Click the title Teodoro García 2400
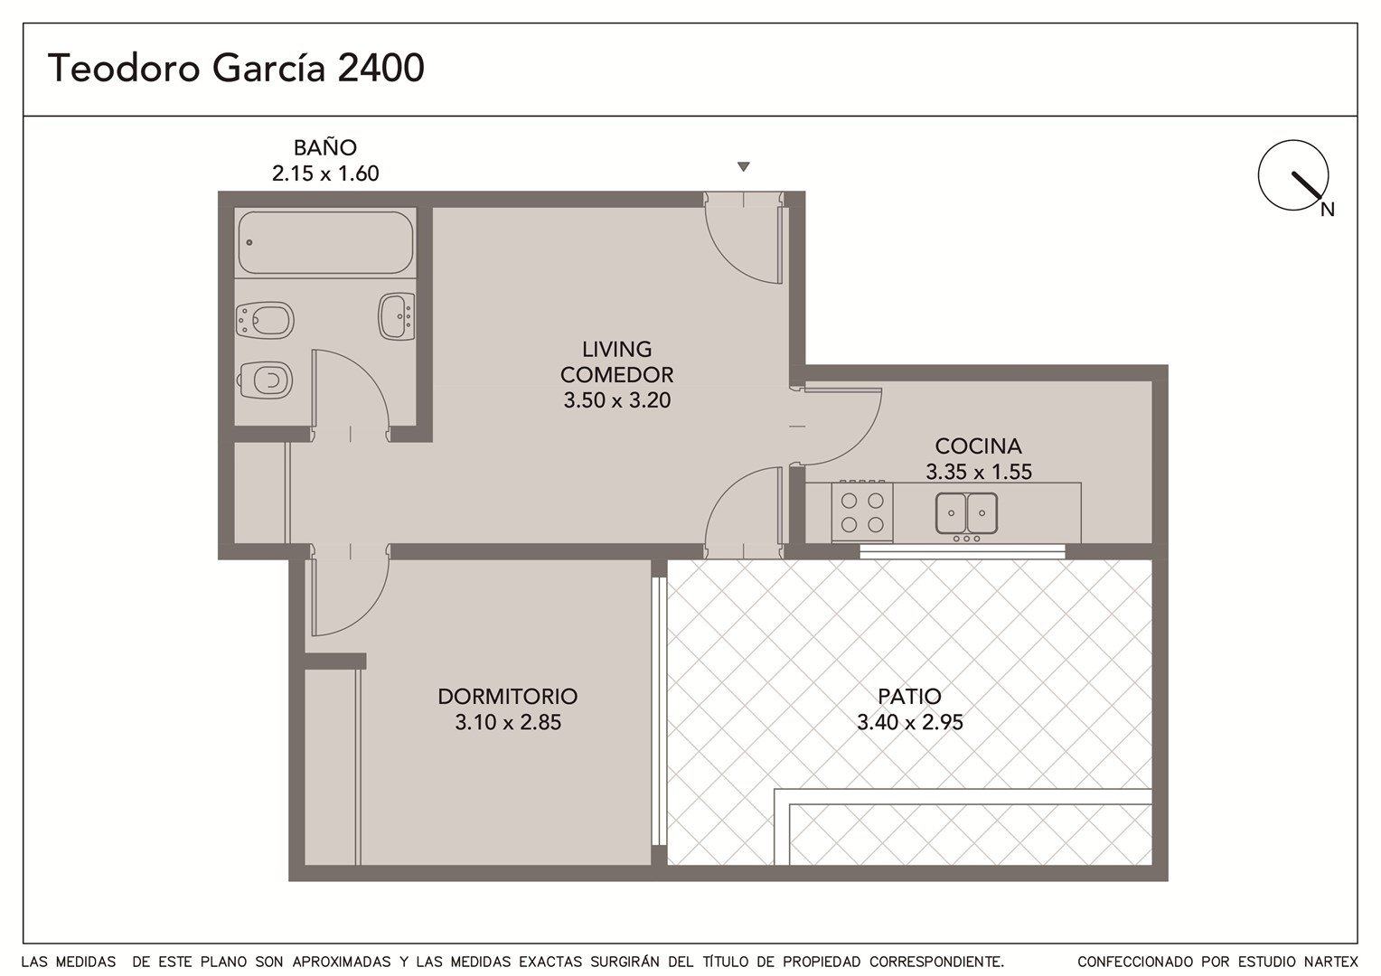point(236,67)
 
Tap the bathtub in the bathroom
point(325,242)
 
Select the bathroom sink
point(397,317)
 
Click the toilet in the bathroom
point(266,380)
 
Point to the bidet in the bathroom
point(265,320)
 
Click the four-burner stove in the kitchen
point(862,511)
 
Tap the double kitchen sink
point(966,512)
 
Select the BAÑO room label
point(324,147)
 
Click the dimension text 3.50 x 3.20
point(616,400)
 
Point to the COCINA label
point(978,446)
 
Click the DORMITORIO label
point(507,696)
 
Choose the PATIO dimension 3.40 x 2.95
point(909,722)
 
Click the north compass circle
point(1293,175)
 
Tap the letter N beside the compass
point(1328,210)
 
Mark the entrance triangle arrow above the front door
point(744,166)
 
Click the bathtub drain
point(249,242)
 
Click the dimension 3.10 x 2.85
point(508,722)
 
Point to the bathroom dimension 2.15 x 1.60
point(324,174)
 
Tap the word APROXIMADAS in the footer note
point(341,962)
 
